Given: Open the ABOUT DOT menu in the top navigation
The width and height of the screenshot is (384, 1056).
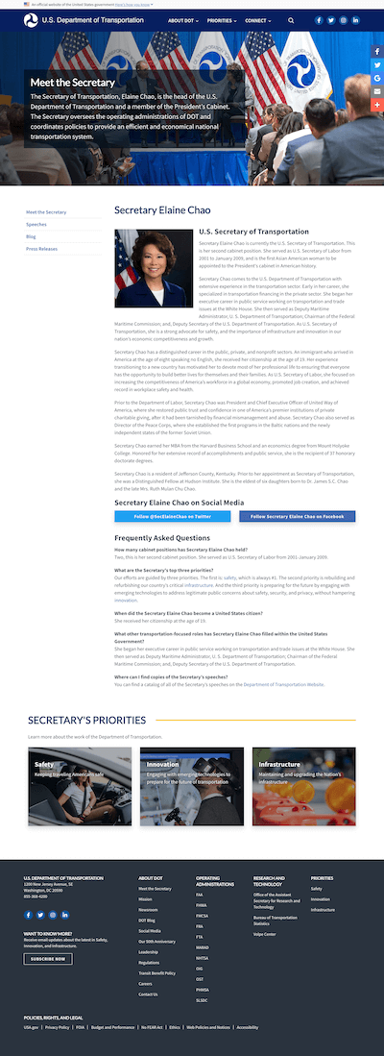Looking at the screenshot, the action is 182,20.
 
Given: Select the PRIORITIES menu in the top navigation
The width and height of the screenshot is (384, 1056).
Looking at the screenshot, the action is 222,20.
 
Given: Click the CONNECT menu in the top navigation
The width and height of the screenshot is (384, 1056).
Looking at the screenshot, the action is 258,20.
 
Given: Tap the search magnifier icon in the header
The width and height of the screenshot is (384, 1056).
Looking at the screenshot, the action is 292,20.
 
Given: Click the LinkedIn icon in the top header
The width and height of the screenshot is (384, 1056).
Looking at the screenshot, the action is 355,20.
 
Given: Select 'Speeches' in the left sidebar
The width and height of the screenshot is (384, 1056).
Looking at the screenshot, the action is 36,224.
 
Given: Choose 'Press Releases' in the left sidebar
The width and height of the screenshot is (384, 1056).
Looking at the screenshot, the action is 41,248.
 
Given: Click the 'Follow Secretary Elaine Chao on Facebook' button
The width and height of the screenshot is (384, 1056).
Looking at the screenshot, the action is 297,516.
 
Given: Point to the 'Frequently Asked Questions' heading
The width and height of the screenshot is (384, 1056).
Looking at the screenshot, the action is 162,538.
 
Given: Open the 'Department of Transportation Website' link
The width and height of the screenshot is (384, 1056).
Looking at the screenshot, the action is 283,657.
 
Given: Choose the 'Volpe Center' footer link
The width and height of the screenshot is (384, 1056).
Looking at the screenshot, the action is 265,934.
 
